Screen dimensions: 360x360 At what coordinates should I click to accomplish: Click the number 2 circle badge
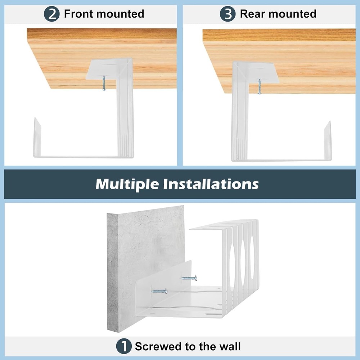51,14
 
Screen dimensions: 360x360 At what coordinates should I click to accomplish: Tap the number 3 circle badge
228,14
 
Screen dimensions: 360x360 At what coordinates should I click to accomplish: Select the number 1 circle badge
123,346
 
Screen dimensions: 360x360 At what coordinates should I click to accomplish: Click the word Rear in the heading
252,14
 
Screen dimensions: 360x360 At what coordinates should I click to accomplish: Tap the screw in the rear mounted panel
260,87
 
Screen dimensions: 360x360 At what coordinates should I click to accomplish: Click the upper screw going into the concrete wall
189,278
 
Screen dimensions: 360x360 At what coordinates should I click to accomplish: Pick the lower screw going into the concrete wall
159,291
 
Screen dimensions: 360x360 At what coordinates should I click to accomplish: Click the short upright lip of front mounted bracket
37,137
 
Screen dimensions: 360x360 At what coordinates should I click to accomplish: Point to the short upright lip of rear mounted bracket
328,140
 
